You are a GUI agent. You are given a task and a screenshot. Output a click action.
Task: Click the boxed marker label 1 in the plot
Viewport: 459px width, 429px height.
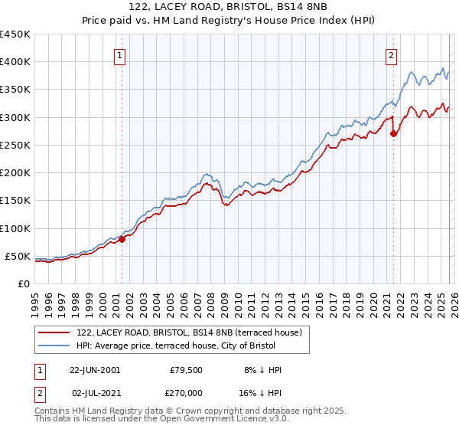point(121,54)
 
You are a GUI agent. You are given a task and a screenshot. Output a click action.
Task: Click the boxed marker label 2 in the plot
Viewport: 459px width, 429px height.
point(391,54)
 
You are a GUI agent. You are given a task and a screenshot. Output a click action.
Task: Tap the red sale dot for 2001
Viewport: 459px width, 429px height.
point(122,239)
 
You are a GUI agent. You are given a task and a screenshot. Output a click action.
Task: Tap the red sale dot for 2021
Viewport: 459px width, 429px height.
point(394,133)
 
